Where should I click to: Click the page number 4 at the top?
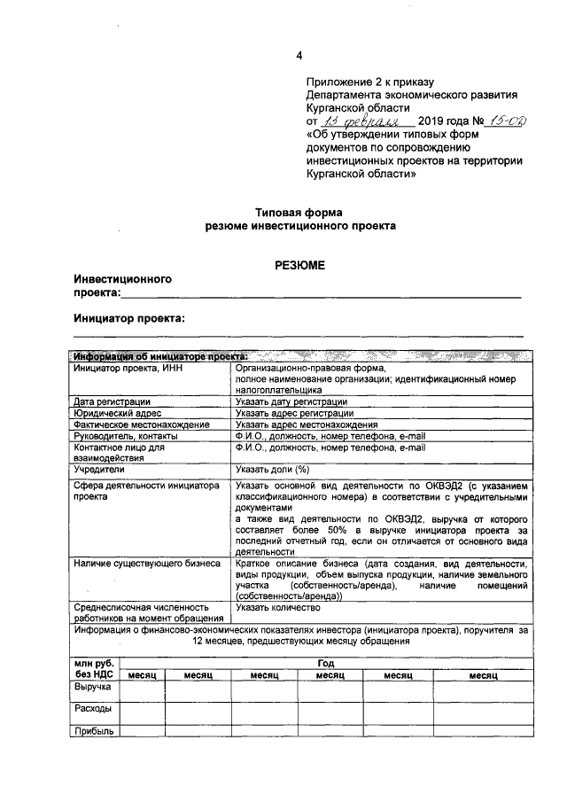click(x=299, y=56)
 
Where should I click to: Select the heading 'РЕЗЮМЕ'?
click(x=299, y=264)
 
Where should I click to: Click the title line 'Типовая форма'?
click(x=299, y=213)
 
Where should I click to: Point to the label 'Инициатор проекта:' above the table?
click(x=129, y=316)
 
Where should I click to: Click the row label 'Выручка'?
click(x=92, y=687)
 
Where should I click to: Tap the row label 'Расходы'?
click(x=92, y=709)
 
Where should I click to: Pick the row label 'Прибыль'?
click(x=93, y=731)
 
